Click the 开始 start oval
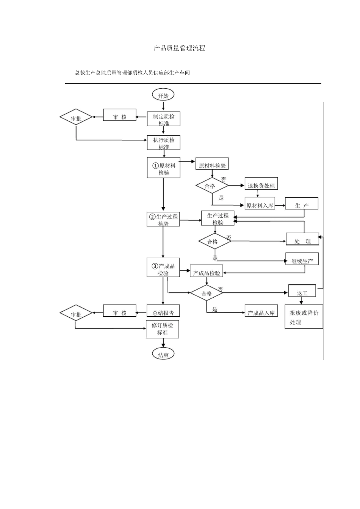163,95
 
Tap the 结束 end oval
163,354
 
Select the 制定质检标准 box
163,119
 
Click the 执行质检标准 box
163,142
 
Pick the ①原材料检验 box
163,167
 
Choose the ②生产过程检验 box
163,219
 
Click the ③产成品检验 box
163,267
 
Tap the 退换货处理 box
261,184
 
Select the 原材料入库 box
260,203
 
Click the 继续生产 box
302,259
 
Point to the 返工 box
302,290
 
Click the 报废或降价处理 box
304,317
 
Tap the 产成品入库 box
261,311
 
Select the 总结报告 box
163,311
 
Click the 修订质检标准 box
162,329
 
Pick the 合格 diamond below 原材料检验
212,186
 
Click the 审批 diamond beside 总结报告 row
76,313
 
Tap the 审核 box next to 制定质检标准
120,115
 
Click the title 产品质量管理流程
179,48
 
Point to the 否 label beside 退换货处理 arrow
224,179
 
